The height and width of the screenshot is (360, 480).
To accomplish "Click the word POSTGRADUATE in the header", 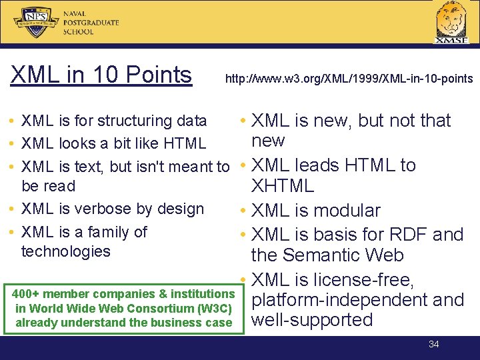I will coord(91,23).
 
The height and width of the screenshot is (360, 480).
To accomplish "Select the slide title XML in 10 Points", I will coord(101,75).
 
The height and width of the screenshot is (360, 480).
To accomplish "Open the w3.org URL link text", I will coord(349,79).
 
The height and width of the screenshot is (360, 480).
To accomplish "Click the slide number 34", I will coord(434,344).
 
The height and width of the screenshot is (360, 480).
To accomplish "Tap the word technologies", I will coord(65,251).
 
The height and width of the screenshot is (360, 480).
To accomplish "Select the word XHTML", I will coord(282,186).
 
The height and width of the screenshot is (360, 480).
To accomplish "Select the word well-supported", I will coord(311,320).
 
